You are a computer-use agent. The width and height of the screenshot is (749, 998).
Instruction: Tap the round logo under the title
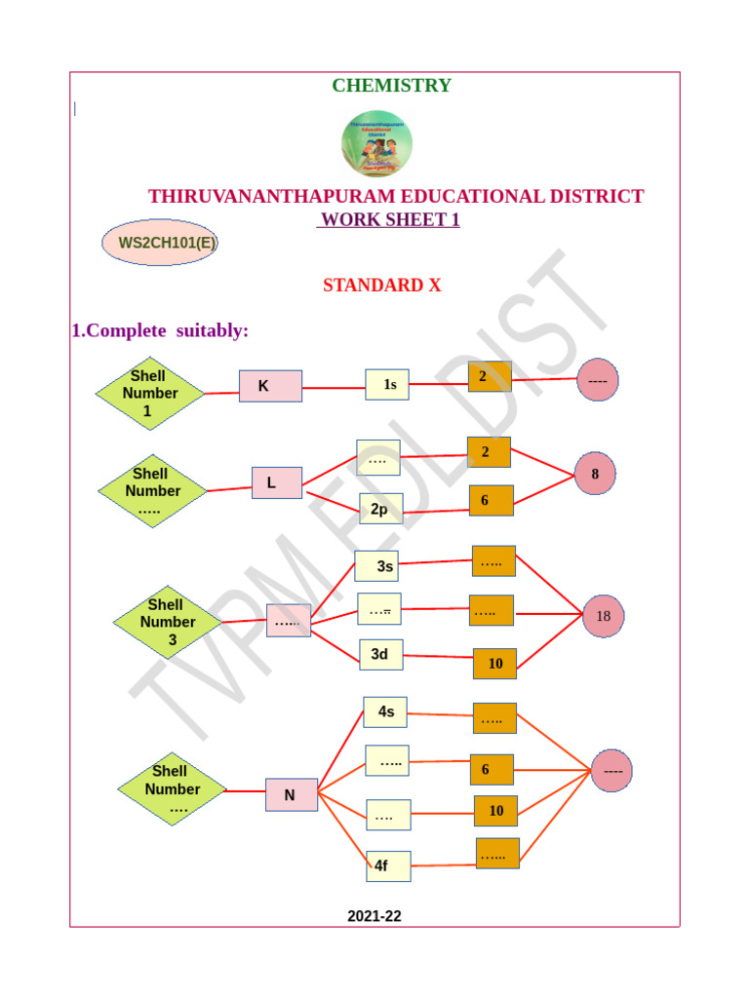tap(376, 143)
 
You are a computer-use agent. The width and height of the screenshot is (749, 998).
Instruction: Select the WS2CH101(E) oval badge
tap(160, 243)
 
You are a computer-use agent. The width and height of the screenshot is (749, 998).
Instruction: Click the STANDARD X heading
tap(381, 286)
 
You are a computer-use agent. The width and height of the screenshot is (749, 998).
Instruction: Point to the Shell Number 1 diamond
tap(150, 394)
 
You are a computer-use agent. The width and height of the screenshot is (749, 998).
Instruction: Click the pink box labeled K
tap(270, 386)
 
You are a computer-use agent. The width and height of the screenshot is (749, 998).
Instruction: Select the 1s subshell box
tap(387, 385)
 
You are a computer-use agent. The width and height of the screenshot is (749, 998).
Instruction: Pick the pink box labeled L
tap(277, 482)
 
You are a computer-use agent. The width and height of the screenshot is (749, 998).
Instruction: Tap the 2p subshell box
tap(380, 509)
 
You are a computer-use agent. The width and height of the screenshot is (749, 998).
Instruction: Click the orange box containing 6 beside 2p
tap(491, 501)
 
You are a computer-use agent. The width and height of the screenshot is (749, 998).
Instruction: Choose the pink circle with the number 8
tap(595, 474)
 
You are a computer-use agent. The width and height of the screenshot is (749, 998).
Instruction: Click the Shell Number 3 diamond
tap(168, 623)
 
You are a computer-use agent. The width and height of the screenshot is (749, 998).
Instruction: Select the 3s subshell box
tap(376, 565)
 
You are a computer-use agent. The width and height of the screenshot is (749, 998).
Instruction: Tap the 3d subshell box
tap(380, 655)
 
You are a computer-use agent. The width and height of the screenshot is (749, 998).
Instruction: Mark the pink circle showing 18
tap(603, 616)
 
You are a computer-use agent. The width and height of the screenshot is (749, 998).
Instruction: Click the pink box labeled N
tap(291, 795)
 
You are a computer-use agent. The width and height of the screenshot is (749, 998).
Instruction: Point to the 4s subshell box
tap(385, 712)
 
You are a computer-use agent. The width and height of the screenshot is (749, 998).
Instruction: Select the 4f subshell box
tap(388, 864)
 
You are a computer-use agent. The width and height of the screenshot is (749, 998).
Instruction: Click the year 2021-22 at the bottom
tap(374, 916)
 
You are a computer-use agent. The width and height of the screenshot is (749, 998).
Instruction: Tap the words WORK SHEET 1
tap(389, 220)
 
